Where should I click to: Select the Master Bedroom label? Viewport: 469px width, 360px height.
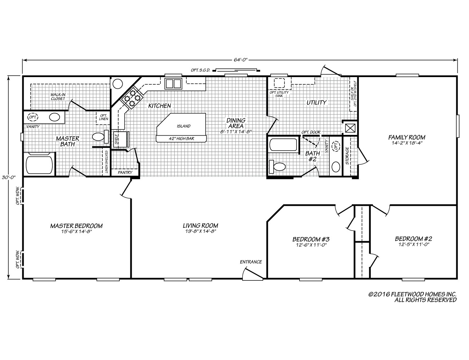76,226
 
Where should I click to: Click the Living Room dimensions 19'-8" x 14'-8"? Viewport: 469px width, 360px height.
200,232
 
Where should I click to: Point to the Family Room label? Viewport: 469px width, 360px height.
406,137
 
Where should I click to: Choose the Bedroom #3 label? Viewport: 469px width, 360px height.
311,239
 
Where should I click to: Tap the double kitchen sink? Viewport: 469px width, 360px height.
173,84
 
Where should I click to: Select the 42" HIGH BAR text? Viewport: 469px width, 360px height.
181,139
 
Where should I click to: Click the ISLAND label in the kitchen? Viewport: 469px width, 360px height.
183,126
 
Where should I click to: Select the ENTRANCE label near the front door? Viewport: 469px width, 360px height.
251,262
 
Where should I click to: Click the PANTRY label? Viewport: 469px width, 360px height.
125,173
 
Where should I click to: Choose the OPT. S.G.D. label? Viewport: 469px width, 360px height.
200,70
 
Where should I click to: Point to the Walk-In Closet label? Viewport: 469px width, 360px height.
58,96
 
